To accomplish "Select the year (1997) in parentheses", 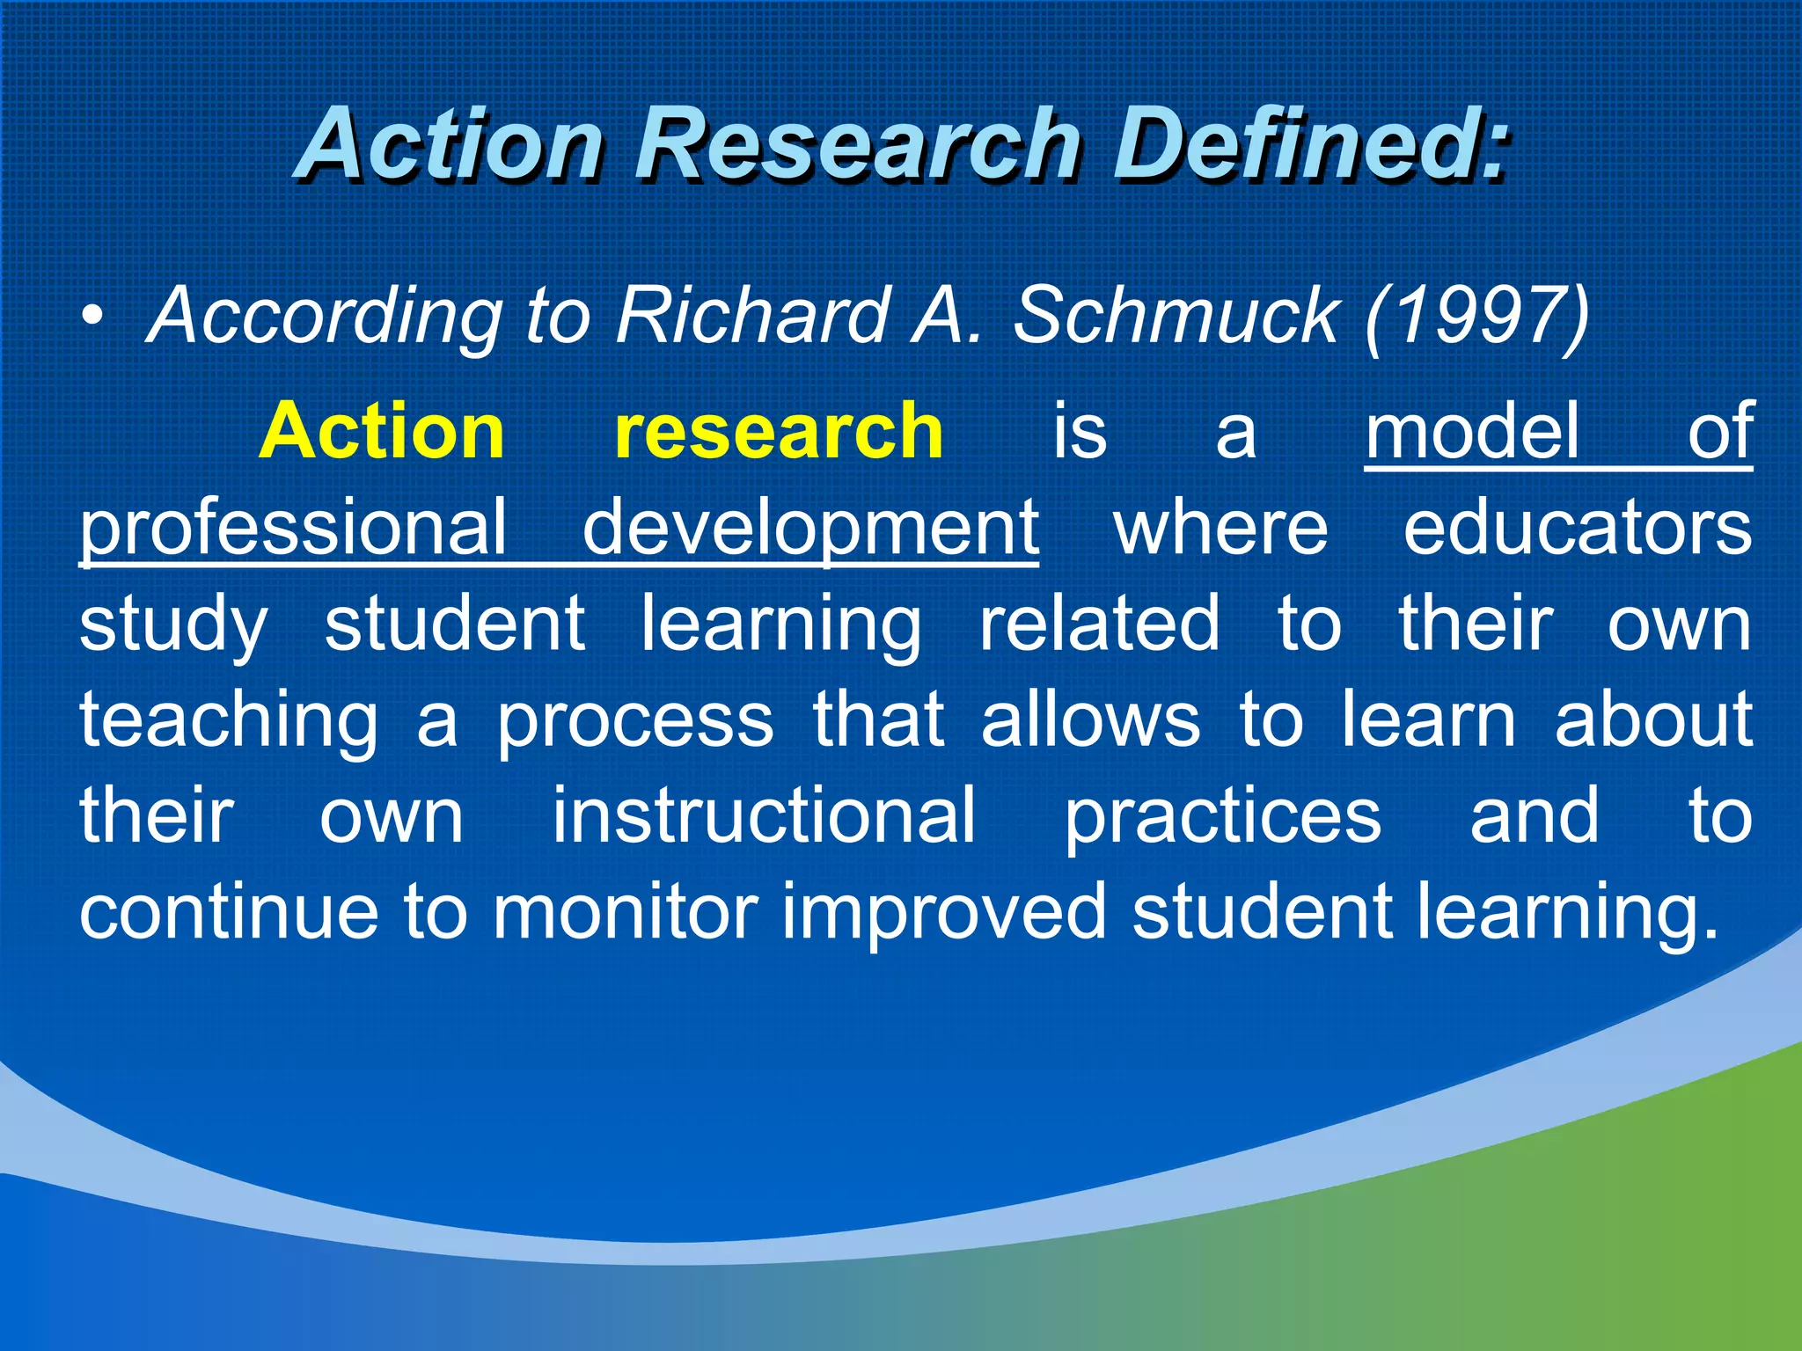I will [1476, 317].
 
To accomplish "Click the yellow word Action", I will [381, 431].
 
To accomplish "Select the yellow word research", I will [779, 431].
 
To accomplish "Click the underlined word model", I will [1472, 431].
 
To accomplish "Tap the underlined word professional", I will [294, 528].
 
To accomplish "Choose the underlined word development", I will [810, 528].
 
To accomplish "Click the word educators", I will [1577, 528].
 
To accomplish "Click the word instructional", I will [764, 816].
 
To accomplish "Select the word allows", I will [1090, 719].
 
